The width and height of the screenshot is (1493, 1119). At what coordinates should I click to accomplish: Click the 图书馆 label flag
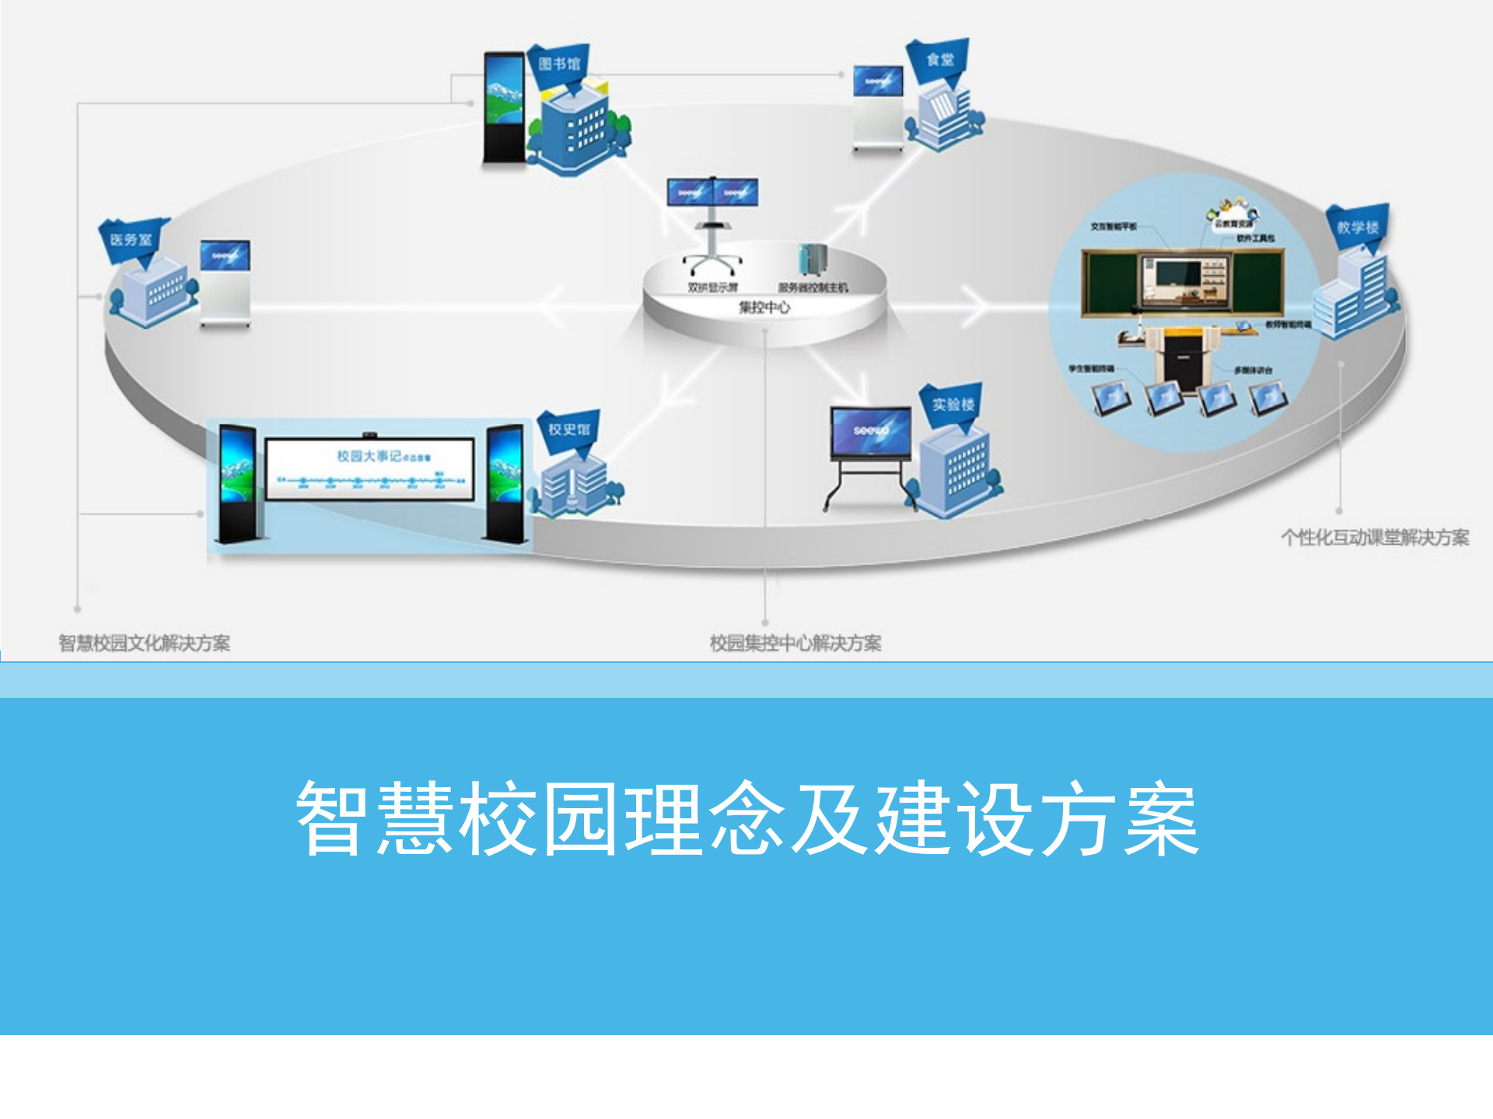pos(559,64)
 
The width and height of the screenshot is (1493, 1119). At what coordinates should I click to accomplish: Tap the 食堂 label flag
pos(940,59)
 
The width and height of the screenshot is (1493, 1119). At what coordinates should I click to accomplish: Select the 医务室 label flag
pos(131,239)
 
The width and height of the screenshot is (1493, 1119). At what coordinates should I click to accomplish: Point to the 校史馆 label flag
pos(569,429)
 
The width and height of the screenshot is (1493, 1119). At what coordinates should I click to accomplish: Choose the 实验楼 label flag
pos(953,404)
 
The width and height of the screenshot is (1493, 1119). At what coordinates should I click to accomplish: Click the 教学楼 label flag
pos(1358,227)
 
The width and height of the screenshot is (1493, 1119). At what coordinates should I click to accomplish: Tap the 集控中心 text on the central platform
pos(764,308)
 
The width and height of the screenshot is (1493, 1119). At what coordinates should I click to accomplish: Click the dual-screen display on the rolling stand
pos(712,192)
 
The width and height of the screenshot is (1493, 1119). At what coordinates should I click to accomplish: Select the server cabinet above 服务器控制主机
pos(812,260)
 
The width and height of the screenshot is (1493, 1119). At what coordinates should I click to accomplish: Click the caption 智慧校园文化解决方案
pos(145,643)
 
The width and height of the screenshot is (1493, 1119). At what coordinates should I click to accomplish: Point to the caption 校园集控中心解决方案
pos(795,643)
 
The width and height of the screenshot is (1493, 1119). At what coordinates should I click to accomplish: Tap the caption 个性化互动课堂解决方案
pos(1375,538)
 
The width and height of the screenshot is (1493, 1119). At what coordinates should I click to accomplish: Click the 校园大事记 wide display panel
pos(369,469)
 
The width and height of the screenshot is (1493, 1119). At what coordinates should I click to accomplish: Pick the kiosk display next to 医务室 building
pos(226,256)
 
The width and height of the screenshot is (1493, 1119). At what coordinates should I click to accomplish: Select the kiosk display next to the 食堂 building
pos(878,81)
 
